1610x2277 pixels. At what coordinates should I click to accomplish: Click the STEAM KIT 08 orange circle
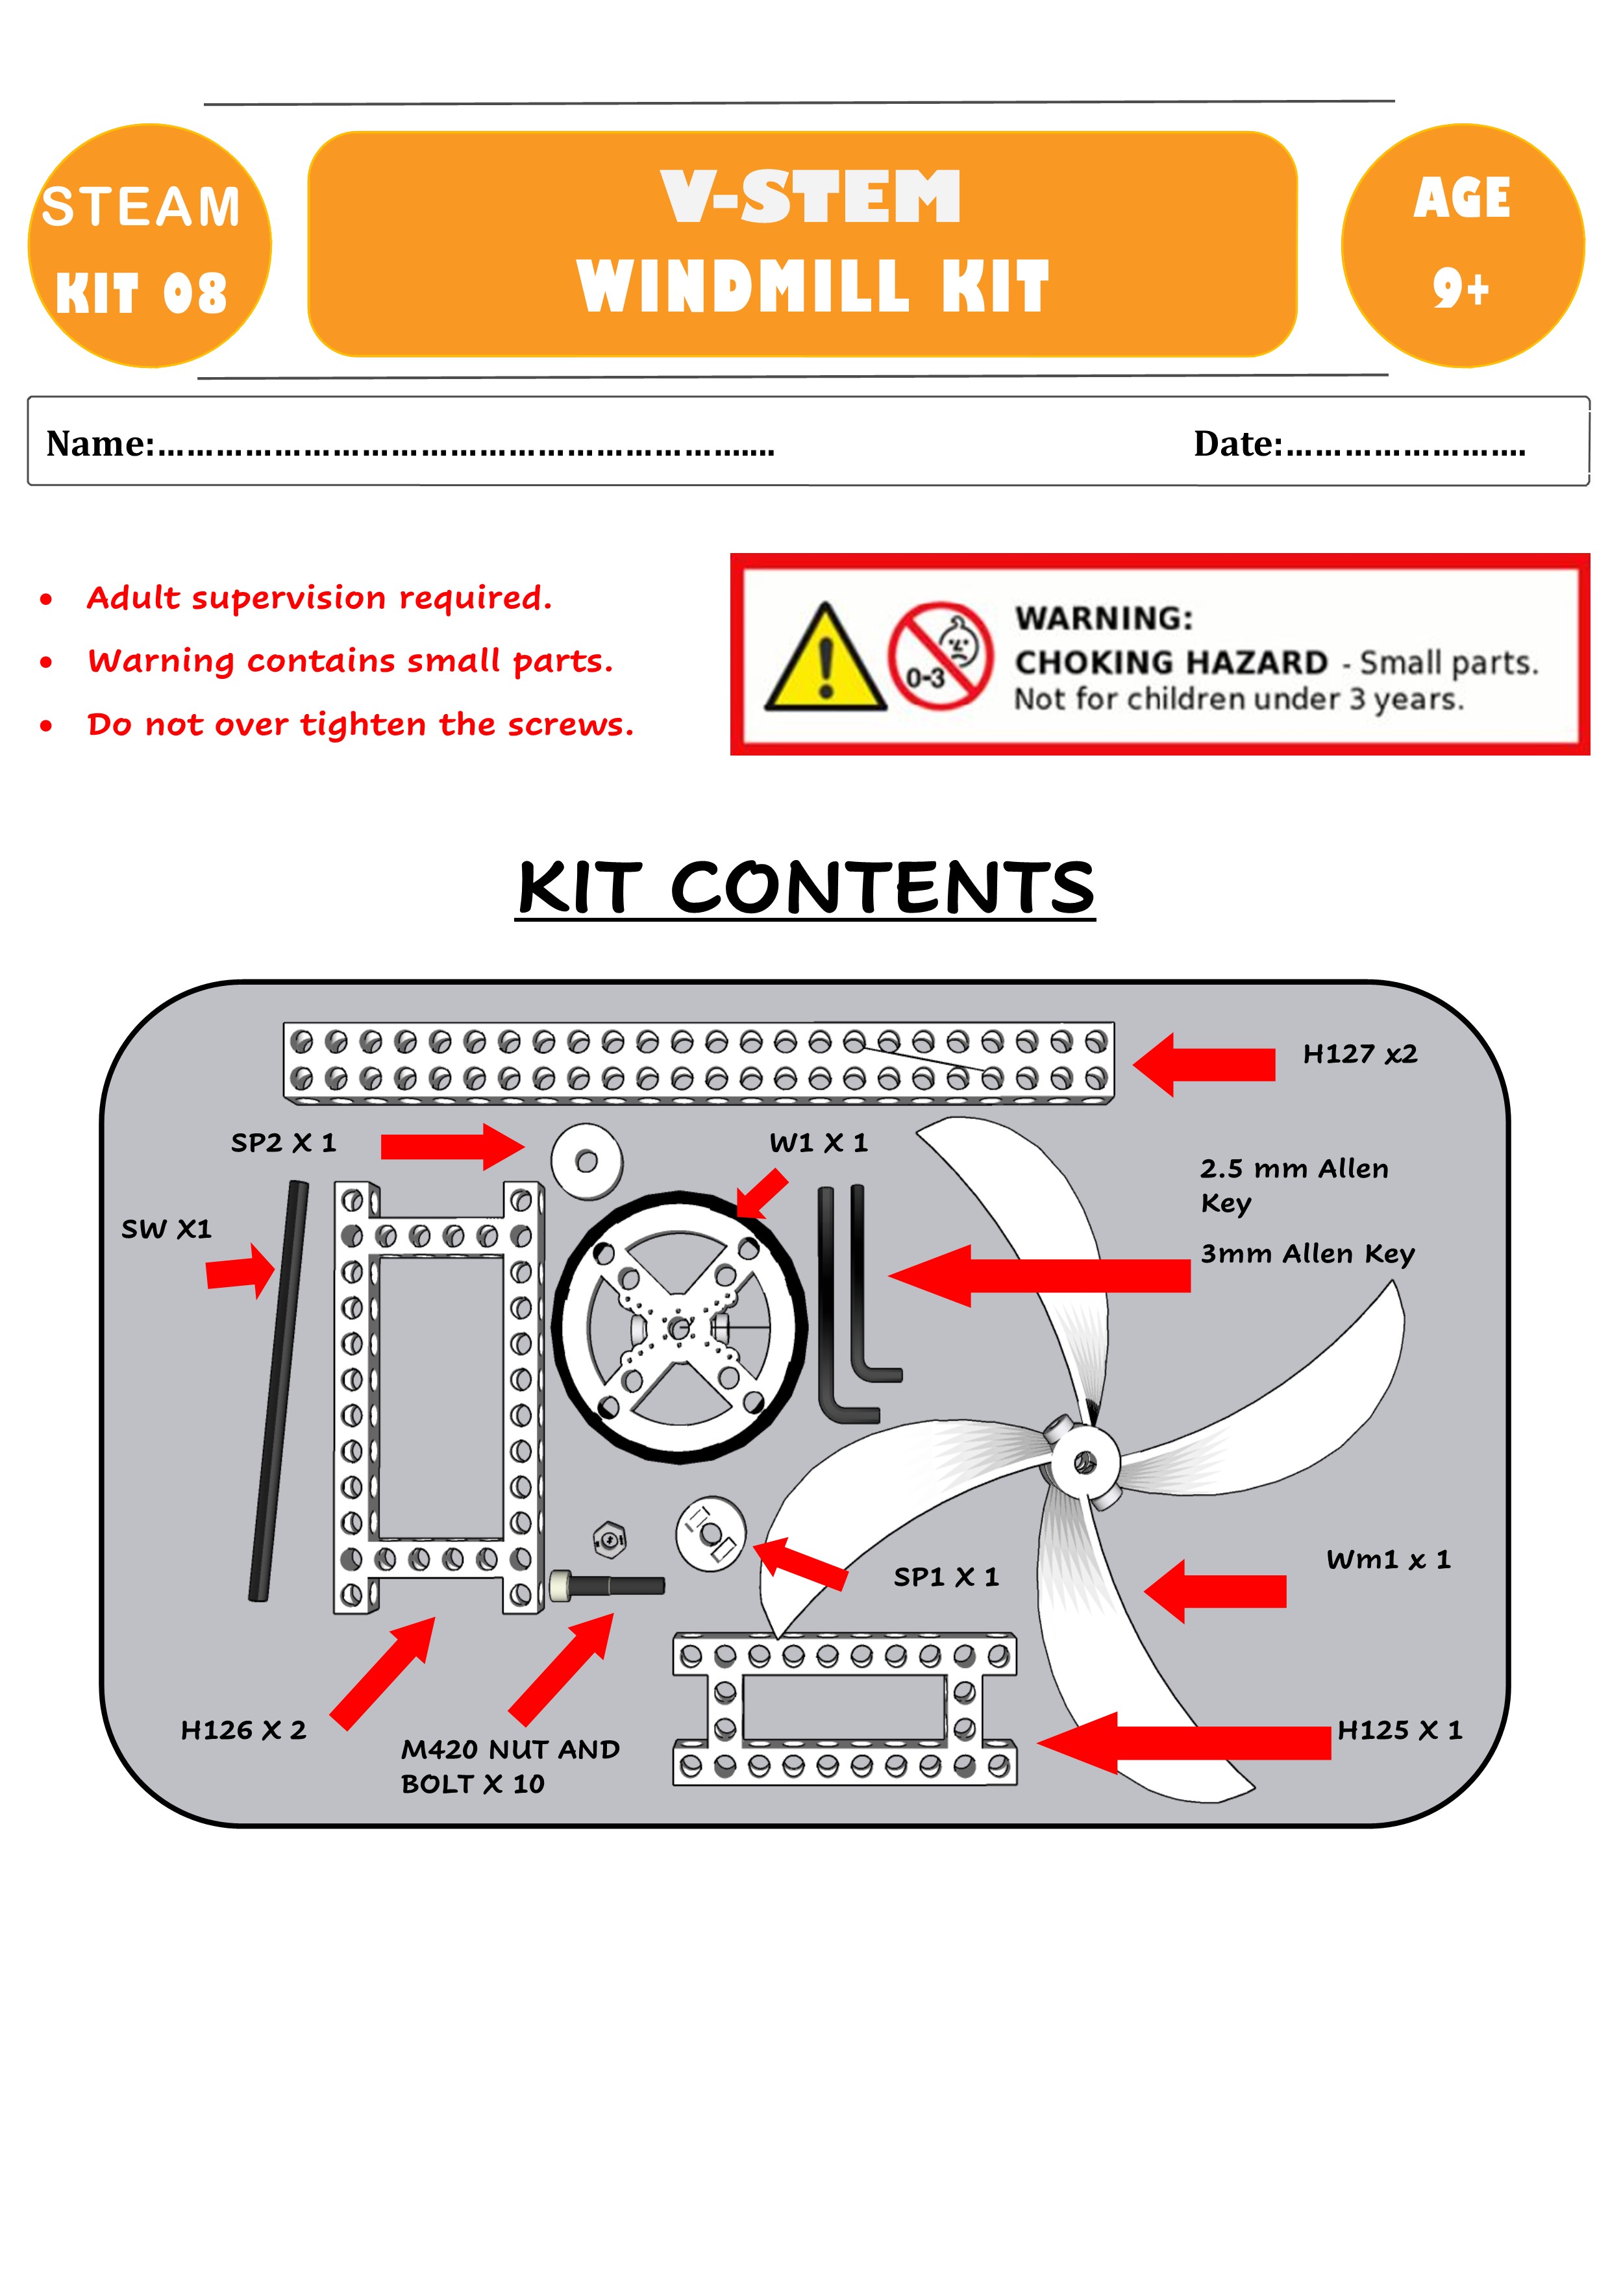point(149,246)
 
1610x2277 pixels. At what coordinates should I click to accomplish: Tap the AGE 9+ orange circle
point(1461,246)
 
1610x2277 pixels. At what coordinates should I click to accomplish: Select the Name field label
point(100,443)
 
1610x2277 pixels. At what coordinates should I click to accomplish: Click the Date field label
point(1237,443)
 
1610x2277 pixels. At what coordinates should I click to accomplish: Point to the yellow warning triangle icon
point(824,661)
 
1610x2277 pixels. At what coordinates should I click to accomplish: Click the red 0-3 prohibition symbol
point(939,656)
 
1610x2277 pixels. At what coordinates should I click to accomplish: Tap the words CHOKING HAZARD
point(1170,661)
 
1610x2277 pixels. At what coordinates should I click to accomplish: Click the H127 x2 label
point(1359,1053)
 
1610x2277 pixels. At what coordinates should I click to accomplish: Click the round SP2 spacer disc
point(586,1161)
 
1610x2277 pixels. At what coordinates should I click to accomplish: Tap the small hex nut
point(608,1539)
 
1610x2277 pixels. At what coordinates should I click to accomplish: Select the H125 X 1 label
point(1399,1730)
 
